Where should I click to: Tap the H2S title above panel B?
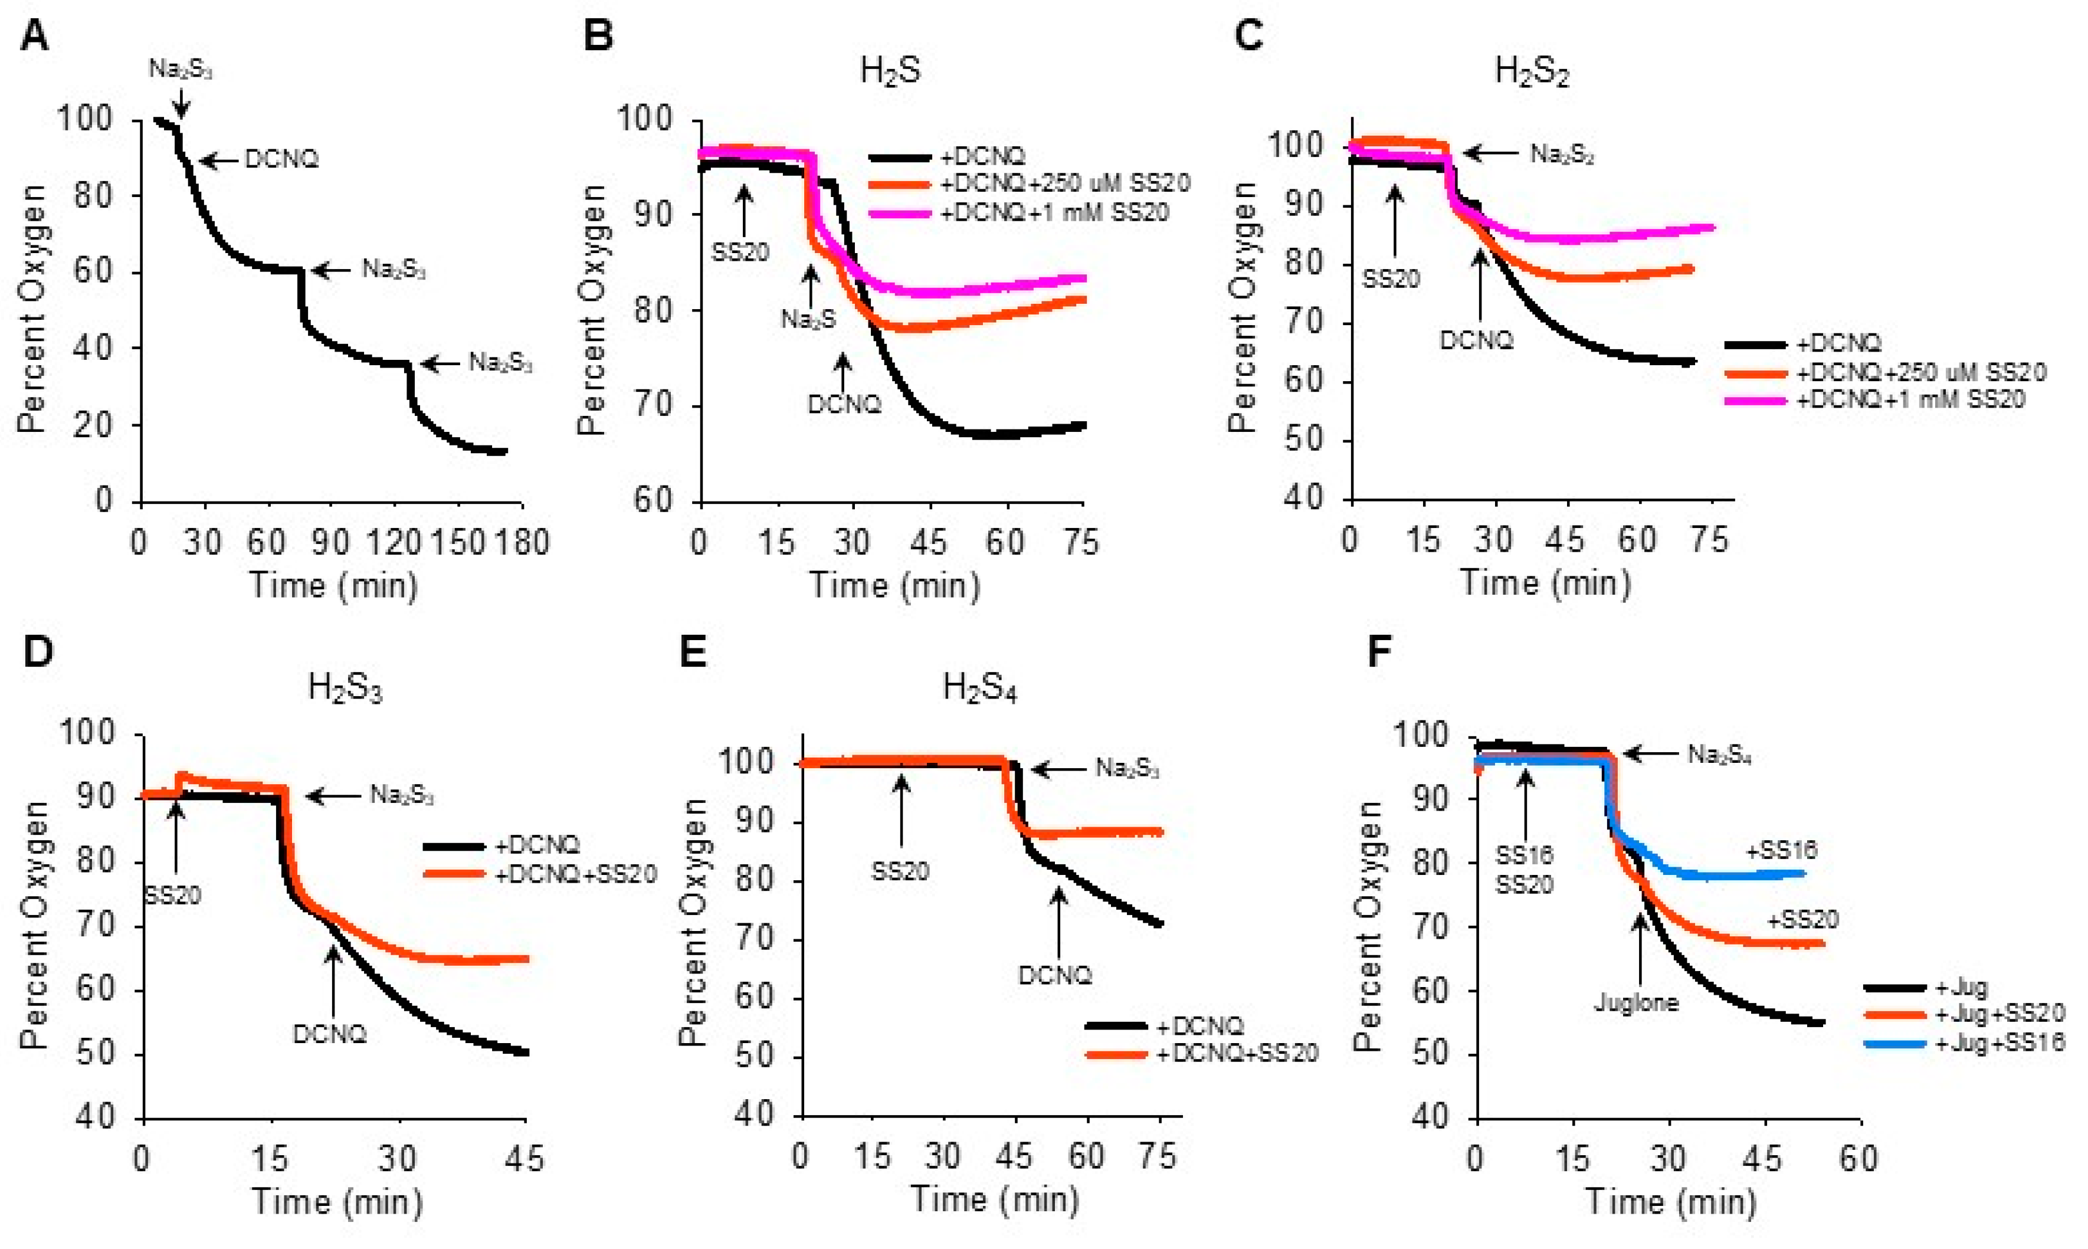tap(890, 71)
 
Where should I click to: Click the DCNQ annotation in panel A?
tap(281, 159)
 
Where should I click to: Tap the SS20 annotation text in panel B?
tap(740, 252)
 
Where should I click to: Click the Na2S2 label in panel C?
tap(1562, 154)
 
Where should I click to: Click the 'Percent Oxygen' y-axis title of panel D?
tap(34, 925)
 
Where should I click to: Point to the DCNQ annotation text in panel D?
tap(329, 1034)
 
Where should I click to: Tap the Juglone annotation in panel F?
tap(1635, 1002)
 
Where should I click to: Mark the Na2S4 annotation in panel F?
tap(1719, 755)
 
